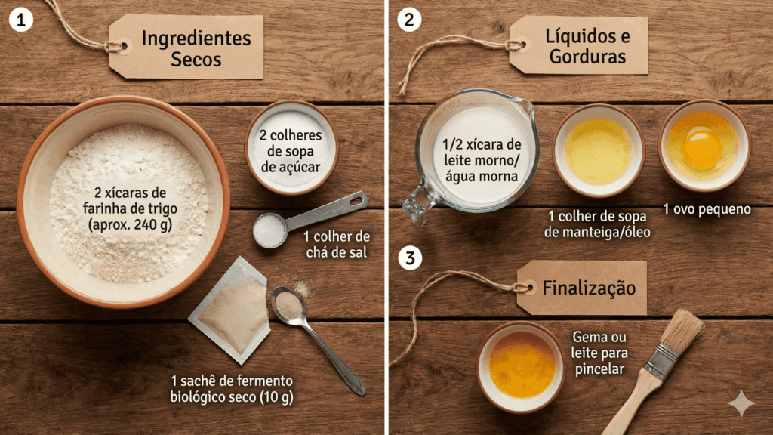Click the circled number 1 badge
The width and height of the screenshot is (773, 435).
[21, 20]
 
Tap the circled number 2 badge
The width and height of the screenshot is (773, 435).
[408, 20]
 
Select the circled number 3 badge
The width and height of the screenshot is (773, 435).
[409, 258]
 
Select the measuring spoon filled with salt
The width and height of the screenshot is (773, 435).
[270, 230]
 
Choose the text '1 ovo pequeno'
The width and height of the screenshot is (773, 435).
[707, 209]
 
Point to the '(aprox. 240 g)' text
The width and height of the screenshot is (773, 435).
[130, 224]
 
